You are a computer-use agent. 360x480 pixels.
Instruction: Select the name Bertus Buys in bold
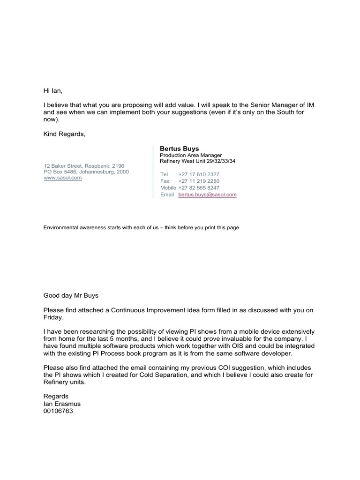(x=180, y=149)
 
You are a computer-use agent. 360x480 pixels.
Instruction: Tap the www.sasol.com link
(x=63, y=178)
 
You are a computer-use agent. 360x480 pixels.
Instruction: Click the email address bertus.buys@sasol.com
(x=207, y=195)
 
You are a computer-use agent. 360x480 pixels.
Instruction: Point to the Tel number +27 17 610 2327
(x=199, y=174)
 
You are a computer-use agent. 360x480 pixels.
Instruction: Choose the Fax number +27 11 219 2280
(x=199, y=181)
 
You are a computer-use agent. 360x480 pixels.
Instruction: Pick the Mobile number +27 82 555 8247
(x=199, y=187)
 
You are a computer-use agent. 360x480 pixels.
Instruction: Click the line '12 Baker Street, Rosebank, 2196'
(x=84, y=166)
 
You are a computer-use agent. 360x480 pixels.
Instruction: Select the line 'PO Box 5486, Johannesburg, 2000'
(x=86, y=172)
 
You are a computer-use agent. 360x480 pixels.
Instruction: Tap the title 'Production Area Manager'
(x=191, y=155)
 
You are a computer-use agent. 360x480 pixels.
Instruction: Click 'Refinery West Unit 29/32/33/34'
(x=197, y=161)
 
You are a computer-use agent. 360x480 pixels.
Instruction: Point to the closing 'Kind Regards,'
(x=65, y=134)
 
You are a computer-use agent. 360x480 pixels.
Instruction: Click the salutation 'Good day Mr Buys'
(x=71, y=296)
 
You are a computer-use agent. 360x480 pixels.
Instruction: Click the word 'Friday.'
(x=53, y=317)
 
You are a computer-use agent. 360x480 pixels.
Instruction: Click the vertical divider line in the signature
(x=153, y=172)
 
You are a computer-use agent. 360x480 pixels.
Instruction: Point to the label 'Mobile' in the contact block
(x=168, y=187)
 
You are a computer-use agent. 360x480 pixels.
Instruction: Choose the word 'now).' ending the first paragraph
(x=52, y=120)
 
